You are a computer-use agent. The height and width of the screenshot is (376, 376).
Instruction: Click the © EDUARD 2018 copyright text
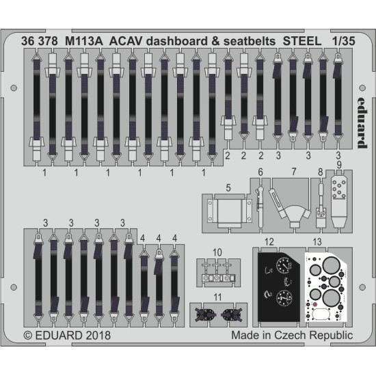[66, 336]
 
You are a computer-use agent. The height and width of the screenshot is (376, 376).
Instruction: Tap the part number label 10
[217, 252]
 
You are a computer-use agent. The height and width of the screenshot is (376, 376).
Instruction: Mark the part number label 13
[316, 241]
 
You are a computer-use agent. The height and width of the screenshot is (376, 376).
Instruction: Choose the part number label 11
[217, 297]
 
